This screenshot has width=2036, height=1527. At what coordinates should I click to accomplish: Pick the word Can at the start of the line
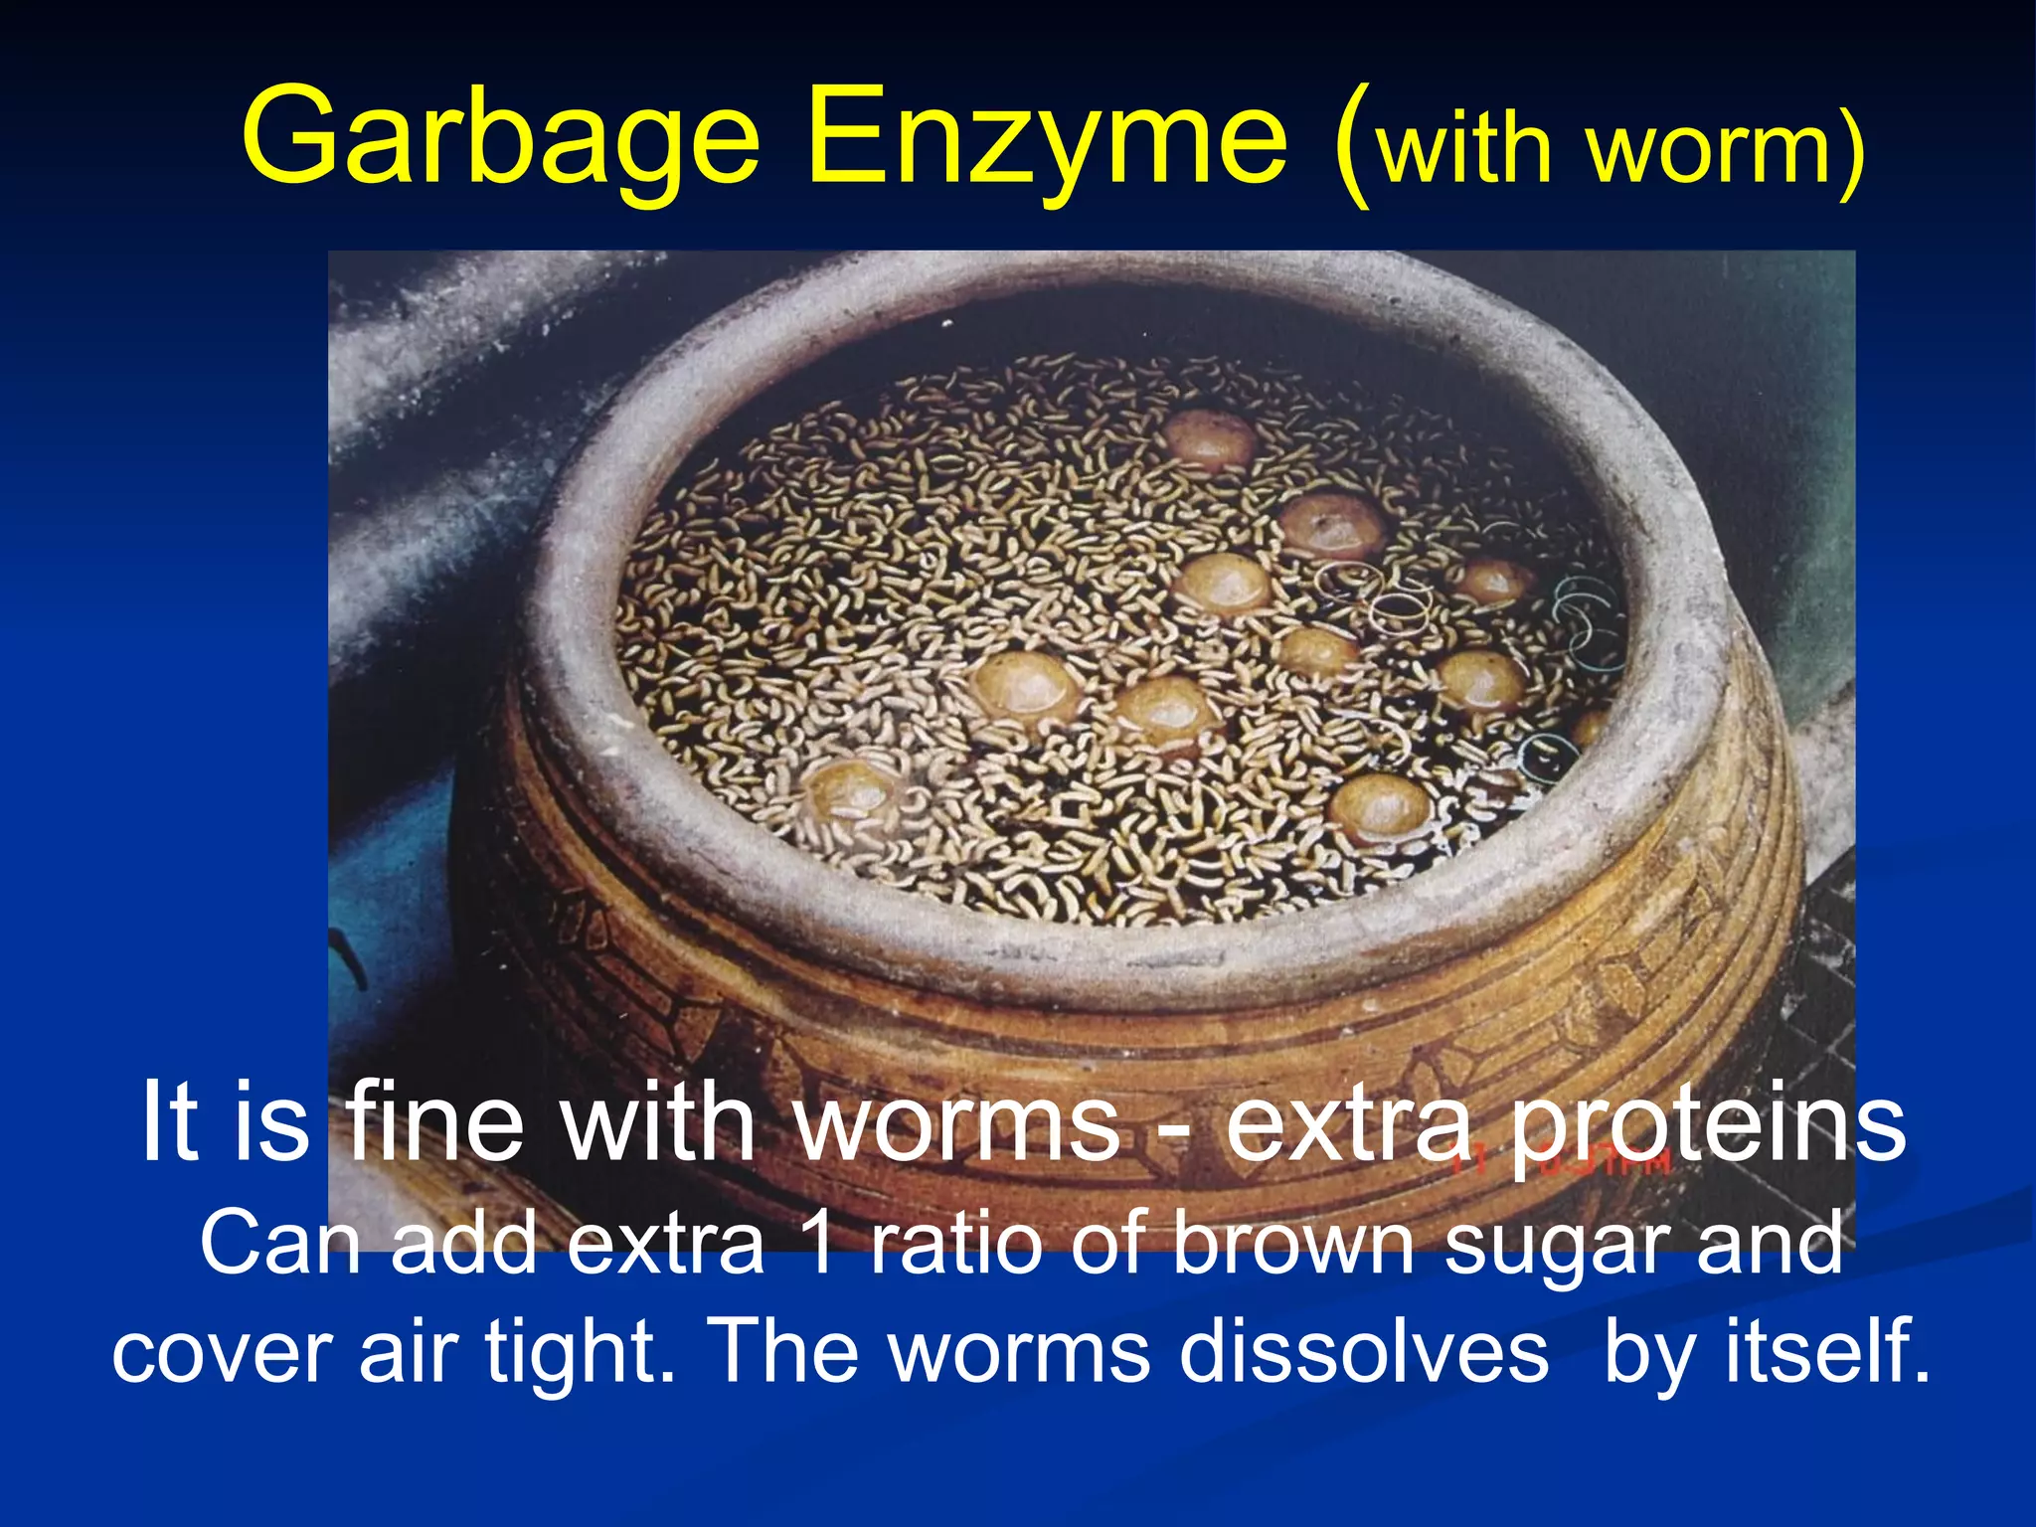coord(279,1242)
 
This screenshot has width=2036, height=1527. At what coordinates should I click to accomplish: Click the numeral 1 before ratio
coord(820,1242)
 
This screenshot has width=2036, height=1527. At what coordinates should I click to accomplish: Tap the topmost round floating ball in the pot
coord(1209,437)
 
